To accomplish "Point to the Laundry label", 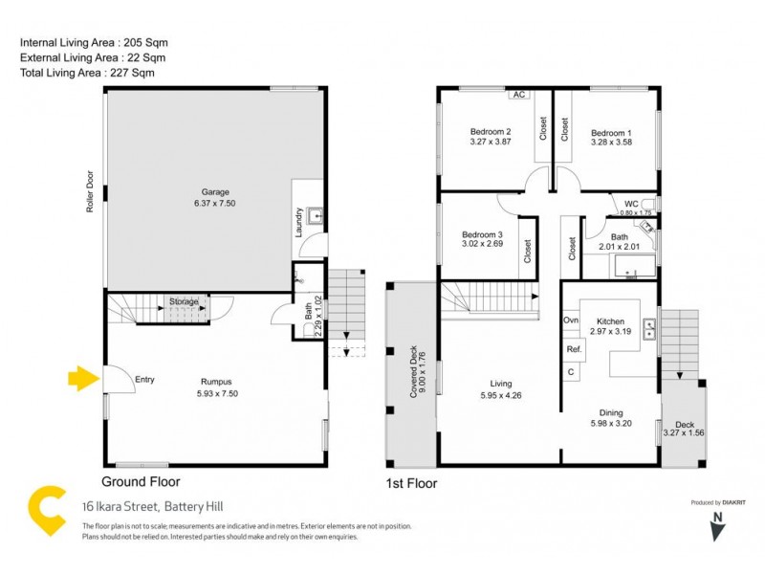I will click(299, 222).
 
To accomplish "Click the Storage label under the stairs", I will click(184, 302).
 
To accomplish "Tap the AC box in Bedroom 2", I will click(519, 95).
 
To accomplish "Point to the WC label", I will click(631, 204).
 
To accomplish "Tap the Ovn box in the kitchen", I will click(571, 320).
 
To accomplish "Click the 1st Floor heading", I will click(410, 483).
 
